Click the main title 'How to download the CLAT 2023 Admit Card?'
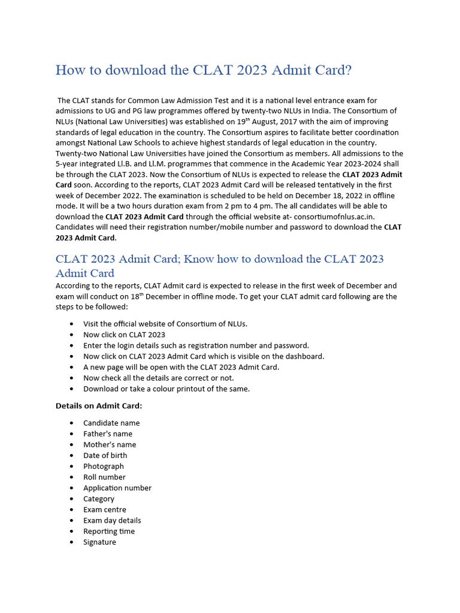pos(204,70)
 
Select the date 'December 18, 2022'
pos(320,196)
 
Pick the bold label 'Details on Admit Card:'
pos(99,406)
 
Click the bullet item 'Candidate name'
pos(111,423)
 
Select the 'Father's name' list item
pos(108,434)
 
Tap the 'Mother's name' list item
pos(110,445)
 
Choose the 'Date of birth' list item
pos(105,456)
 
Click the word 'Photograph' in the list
pos(104,466)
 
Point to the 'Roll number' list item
pos(104,477)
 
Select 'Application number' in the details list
pos(117,488)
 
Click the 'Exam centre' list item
pos(105,509)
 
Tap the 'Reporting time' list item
pos(109,531)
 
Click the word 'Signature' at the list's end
pos(99,542)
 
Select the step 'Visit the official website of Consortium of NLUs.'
pos(165,324)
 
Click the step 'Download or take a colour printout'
pos(167,389)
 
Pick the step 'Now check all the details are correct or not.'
pos(159,378)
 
